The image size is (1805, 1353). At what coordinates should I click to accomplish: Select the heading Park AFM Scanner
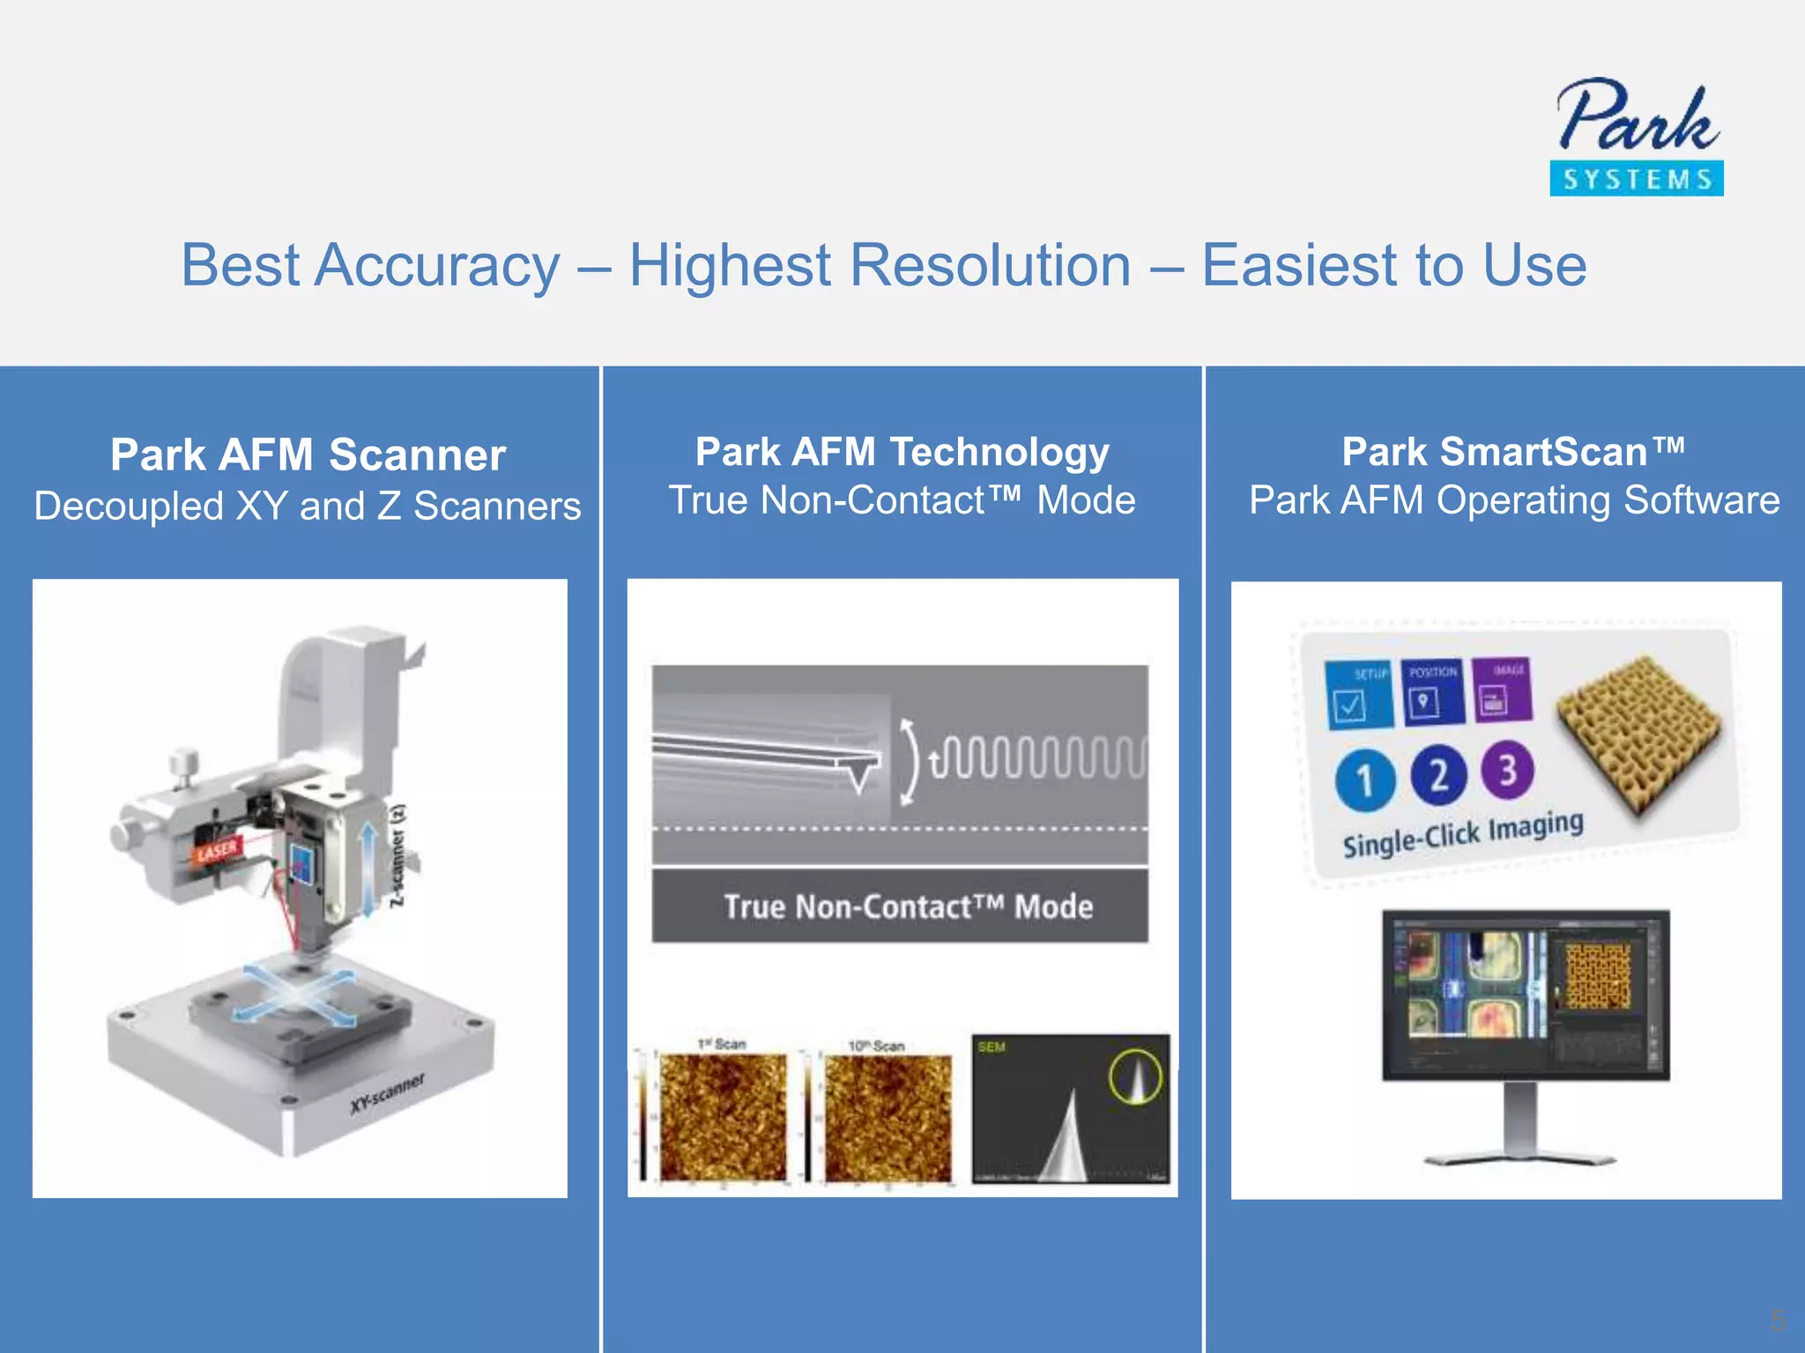tap(308, 455)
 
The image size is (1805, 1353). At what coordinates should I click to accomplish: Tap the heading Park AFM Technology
tap(902, 452)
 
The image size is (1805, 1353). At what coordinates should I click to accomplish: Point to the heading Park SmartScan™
tap(1512, 452)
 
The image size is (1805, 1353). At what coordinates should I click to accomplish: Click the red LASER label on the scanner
tap(217, 851)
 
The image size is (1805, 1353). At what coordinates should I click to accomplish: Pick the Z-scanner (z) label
tap(398, 855)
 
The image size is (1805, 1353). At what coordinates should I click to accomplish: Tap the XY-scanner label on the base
tap(387, 1093)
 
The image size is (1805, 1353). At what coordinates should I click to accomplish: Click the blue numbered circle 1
tap(1365, 780)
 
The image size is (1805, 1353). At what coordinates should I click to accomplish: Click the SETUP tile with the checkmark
tap(1358, 695)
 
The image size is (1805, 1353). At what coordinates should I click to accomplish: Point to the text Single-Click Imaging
tap(1462, 833)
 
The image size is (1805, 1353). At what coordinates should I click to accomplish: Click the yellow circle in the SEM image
tap(1135, 1076)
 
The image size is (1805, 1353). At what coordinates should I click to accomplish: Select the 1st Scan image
tap(723, 1116)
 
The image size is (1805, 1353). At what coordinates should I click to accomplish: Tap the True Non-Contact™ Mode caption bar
tap(900, 906)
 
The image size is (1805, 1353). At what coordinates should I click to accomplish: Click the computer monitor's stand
tap(1521, 1127)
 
